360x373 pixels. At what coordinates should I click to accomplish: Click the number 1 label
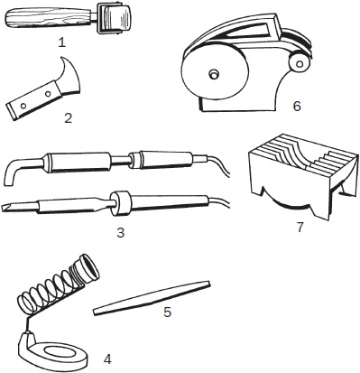[x=61, y=42]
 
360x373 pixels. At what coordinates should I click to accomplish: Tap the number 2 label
[x=69, y=117]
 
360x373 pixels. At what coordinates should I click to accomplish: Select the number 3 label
[x=120, y=232]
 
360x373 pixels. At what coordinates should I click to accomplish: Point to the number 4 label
[x=107, y=359]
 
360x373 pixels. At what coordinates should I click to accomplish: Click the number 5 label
[x=168, y=312]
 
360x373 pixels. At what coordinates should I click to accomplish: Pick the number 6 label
[x=297, y=106]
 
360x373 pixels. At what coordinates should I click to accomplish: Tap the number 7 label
[x=300, y=228]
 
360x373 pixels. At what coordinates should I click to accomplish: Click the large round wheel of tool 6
[x=215, y=73]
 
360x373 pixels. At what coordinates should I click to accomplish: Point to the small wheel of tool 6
[x=299, y=63]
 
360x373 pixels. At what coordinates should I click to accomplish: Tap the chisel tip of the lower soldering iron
[x=9, y=208]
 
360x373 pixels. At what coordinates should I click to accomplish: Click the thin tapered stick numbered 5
[x=152, y=298]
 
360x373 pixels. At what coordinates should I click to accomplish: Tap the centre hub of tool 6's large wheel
[x=214, y=74]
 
